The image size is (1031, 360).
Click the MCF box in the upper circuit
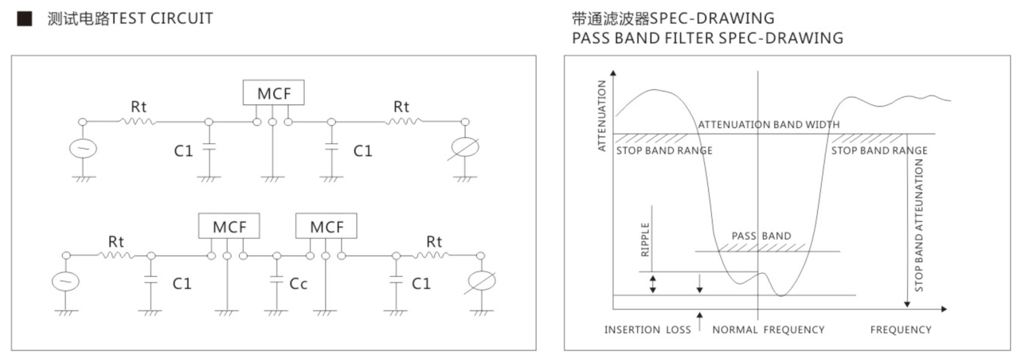(x=274, y=93)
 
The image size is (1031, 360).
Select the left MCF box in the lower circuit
(x=229, y=226)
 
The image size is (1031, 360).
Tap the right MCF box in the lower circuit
(x=326, y=226)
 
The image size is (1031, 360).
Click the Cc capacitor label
(x=298, y=284)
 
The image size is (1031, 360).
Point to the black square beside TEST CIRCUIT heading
(x=25, y=19)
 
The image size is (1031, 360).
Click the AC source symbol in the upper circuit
(x=83, y=148)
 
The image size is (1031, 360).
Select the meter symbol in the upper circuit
(x=465, y=148)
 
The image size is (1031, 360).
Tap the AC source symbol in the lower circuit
(x=65, y=282)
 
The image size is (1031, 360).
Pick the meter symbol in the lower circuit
(x=480, y=282)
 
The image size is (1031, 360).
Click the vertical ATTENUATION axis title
(x=601, y=116)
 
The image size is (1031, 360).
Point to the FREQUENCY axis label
(x=901, y=330)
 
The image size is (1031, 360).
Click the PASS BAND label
(x=761, y=236)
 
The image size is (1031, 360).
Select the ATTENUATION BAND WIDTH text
(x=769, y=124)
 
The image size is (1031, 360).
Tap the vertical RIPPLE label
(x=645, y=240)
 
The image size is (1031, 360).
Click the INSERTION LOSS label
(x=647, y=330)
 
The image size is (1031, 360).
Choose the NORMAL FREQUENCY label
(x=768, y=330)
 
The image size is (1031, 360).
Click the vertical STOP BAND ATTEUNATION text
(x=919, y=225)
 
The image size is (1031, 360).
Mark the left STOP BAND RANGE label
(x=664, y=151)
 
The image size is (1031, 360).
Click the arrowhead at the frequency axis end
(x=943, y=309)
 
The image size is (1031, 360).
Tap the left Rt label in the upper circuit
(x=139, y=107)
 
